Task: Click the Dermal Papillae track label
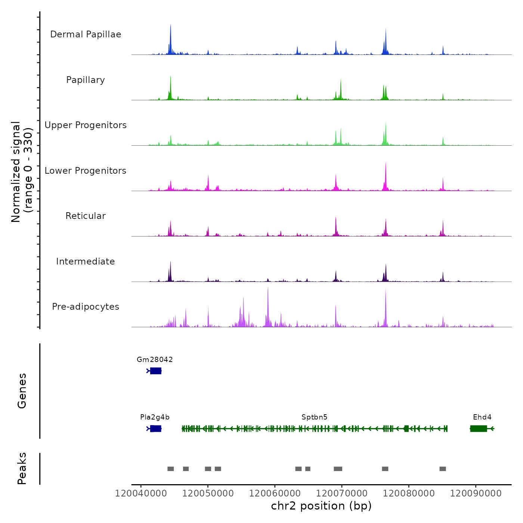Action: (x=86, y=34)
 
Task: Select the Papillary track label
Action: (x=86, y=80)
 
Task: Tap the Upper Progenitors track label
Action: (x=86, y=125)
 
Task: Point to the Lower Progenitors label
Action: (x=86, y=171)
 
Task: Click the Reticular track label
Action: (x=86, y=216)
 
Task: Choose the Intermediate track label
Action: (x=86, y=261)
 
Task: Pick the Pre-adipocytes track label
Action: (x=86, y=307)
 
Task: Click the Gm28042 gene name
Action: (x=155, y=360)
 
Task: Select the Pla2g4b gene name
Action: (x=155, y=417)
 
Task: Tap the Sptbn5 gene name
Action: (x=314, y=417)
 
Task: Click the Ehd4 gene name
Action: (x=482, y=417)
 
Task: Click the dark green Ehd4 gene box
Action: (x=479, y=428)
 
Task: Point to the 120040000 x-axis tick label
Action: (x=141, y=493)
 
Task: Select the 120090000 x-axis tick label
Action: (x=476, y=493)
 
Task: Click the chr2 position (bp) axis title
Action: (x=321, y=506)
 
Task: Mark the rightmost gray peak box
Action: (x=443, y=469)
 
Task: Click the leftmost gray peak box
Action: (x=171, y=469)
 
